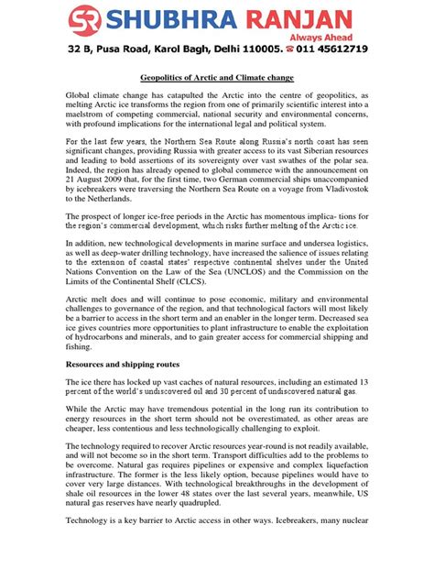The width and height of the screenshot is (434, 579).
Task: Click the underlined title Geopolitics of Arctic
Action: pos(216,81)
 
